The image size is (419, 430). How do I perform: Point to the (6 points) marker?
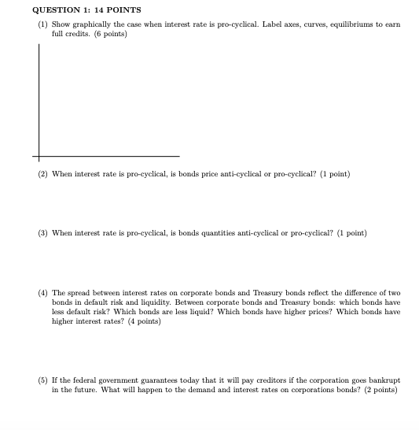click(x=111, y=35)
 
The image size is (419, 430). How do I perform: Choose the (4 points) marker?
click(x=144, y=321)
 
